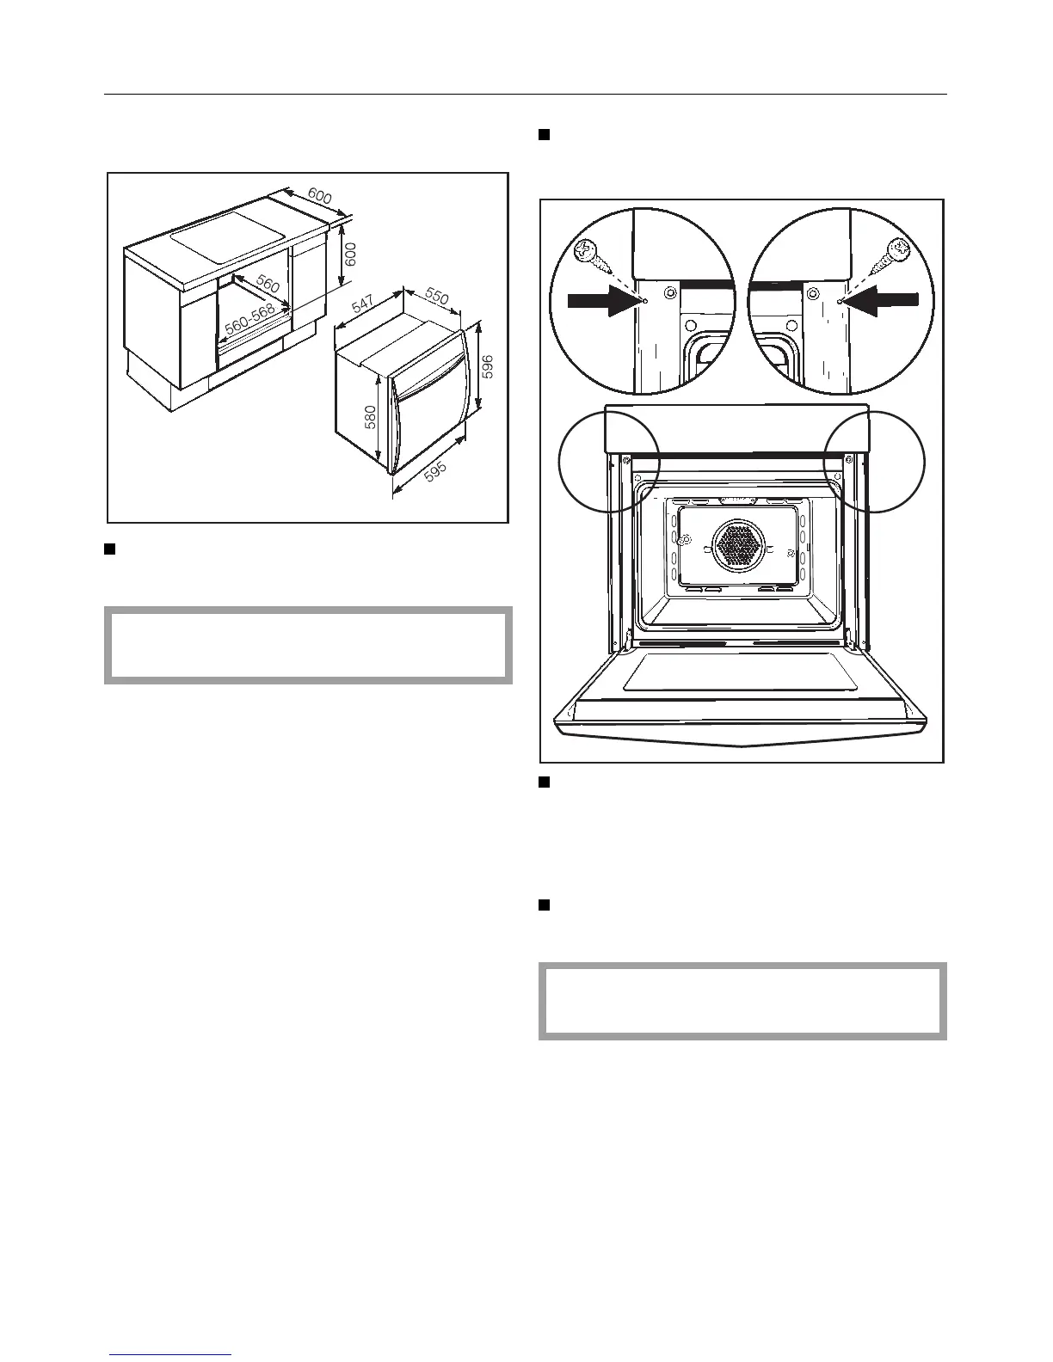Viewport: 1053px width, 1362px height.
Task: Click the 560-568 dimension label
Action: pos(249,320)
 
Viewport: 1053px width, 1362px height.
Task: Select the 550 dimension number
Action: pos(436,297)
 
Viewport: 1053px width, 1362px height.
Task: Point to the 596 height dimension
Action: pos(488,367)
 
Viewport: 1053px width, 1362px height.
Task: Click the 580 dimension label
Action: pos(369,419)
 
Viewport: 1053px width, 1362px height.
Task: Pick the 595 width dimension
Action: pos(440,465)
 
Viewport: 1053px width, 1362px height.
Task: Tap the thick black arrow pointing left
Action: pos(882,300)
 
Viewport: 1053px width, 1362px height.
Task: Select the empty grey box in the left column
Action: pos(308,645)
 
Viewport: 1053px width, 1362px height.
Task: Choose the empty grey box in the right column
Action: pos(742,1001)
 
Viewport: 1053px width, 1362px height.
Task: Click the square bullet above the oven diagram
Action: pos(544,135)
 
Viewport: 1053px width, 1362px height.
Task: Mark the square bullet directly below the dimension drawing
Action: pos(110,549)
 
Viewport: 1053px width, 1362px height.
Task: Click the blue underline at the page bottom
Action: pos(170,1355)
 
